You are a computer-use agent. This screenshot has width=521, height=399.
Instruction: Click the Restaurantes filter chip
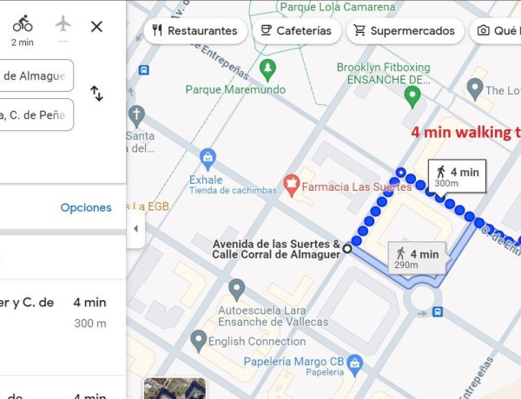point(194,30)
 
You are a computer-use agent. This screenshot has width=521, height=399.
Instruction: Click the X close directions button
point(96,26)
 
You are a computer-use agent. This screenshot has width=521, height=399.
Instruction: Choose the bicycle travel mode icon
point(23,24)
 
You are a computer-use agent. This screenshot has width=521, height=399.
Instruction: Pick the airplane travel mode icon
point(63,23)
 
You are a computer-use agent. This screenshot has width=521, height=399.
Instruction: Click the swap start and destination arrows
point(96,94)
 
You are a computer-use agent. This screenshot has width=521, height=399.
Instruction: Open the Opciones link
point(86,207)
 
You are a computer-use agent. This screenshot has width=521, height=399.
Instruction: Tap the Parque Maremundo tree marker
point(268,68)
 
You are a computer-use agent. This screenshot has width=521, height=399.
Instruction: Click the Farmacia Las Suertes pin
point(291,184)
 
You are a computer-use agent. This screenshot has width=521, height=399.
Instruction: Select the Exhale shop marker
point(208,158)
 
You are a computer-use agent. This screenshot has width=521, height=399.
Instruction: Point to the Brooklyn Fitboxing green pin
point(412,97)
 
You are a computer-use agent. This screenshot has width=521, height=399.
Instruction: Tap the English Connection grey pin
point(199,340)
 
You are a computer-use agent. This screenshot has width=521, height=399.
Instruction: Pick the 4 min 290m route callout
point(417,258)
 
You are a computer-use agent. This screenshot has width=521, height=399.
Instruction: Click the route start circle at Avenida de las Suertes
point(347,248)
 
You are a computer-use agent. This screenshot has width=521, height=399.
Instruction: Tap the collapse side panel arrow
point(135,229)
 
